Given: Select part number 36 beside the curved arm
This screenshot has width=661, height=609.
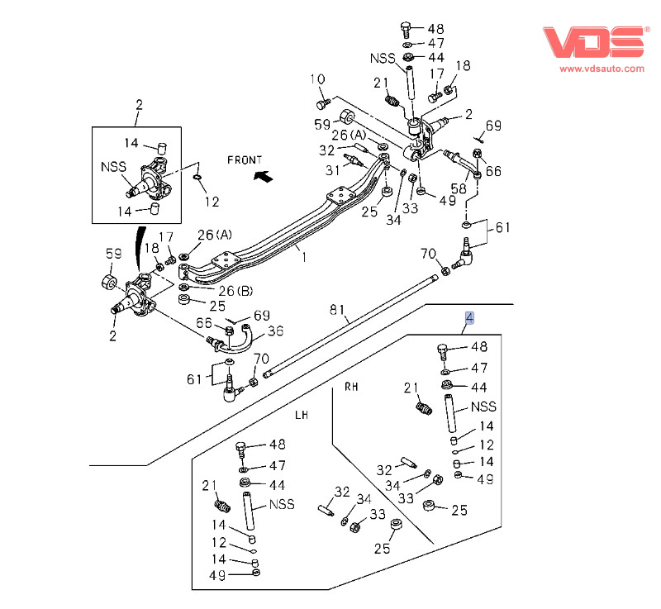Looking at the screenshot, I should click(x=274, y=331).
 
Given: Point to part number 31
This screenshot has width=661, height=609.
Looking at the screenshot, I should click(x=331, y=171).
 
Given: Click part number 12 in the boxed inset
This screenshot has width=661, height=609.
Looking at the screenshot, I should click(x=212, y=202).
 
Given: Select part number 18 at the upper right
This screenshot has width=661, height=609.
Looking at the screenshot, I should click(x=462, y=66).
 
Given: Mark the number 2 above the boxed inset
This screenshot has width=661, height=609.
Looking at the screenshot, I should click(x=139, y=104).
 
